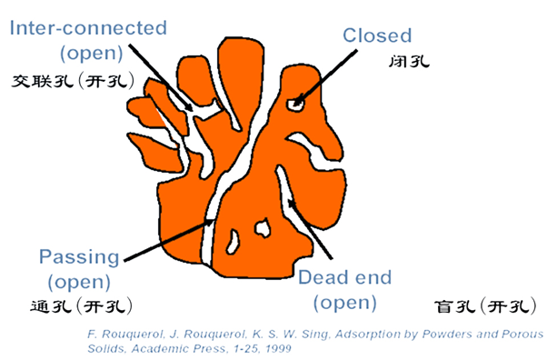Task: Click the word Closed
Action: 376,35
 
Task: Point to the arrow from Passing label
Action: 168,239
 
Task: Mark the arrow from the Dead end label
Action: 310,227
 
